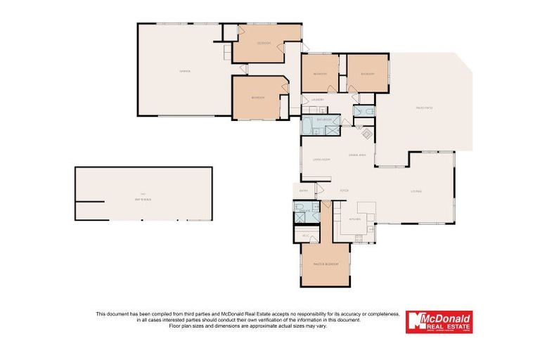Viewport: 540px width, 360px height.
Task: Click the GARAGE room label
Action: (185, 71)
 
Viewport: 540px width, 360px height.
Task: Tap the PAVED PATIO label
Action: (424, 108)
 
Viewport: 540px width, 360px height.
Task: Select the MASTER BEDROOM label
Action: (326, 264)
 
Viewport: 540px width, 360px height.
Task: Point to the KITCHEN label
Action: (355, 219)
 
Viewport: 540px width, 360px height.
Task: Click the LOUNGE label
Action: (416, 191)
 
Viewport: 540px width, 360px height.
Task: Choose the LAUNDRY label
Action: (316, 99)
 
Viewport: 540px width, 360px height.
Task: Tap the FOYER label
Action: (345, 191)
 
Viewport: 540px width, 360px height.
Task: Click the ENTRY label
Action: (304, 191)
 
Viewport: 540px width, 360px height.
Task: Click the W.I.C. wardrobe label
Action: (307, 235)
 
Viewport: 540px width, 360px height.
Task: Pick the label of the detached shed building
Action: (143, 196)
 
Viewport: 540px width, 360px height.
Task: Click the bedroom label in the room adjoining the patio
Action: (367, 74)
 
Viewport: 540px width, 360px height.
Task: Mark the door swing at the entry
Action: (319, 188)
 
